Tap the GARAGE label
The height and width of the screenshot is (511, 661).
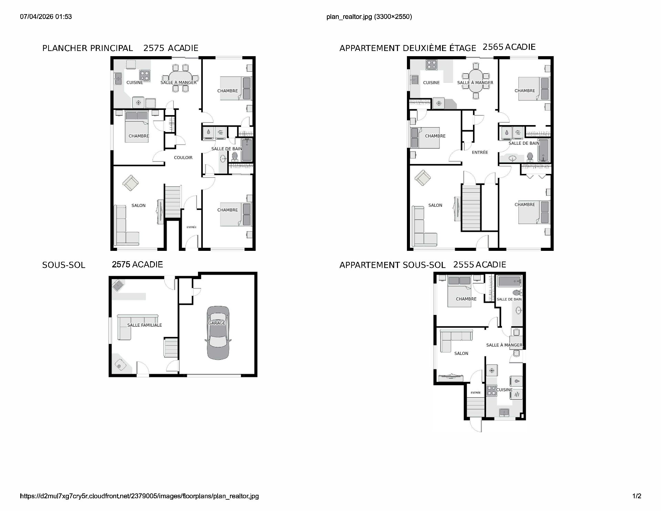pos(217,323)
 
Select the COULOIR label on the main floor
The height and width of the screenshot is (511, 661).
pos(183,157)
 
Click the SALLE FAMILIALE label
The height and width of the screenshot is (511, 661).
pos(145,325)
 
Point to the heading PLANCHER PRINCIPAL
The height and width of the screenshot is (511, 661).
pos(87,48)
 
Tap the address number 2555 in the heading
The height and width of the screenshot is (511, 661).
pos(463,265)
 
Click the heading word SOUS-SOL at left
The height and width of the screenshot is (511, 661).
pos(64,265)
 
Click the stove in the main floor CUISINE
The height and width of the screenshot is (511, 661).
pos(145,75)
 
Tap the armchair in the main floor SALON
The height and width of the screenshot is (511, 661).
pos(130,183)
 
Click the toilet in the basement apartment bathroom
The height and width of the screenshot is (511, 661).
pos(516,293)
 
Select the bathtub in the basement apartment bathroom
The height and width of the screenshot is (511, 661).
pos(509,282)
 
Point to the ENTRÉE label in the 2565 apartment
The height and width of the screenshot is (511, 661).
pos(480,152)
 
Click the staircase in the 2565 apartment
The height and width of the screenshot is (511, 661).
pos(471,207)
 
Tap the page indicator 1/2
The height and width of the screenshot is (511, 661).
pos(637,496)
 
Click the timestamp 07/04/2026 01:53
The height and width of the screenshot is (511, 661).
pos(46,17)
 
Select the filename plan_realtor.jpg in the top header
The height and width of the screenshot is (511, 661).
pos(349,17)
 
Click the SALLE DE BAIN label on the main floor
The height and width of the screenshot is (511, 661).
pos(227,149)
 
